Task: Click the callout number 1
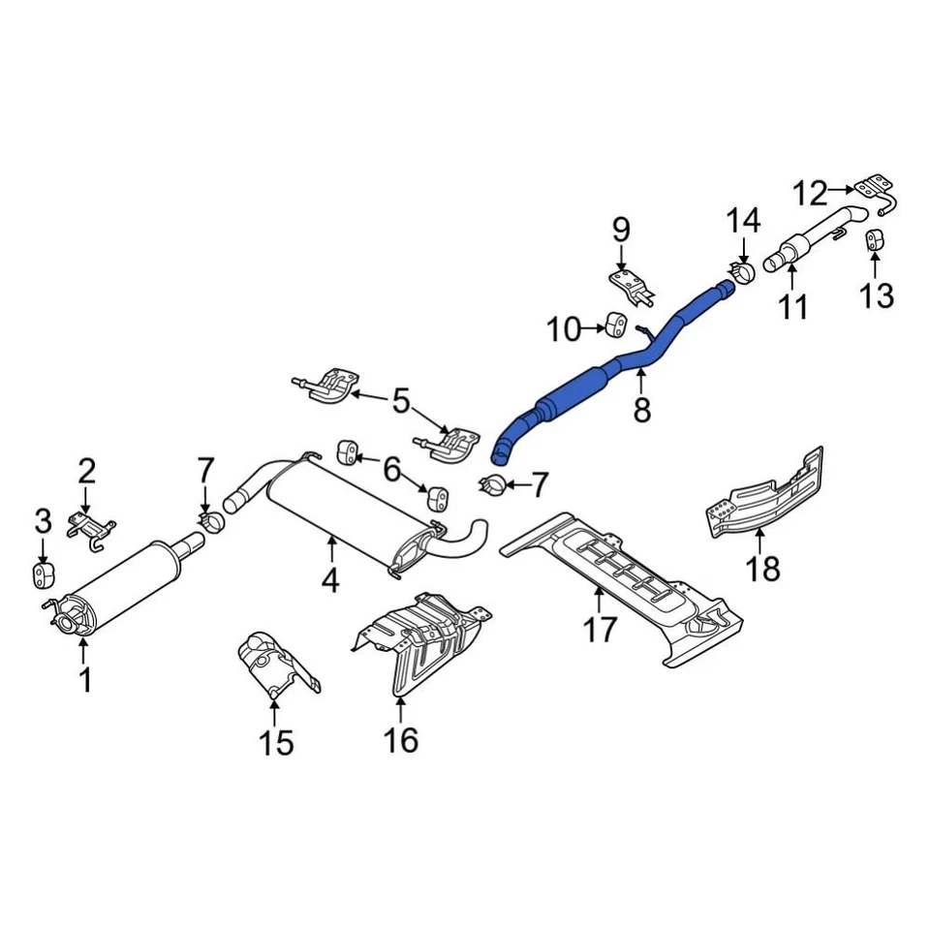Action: pyautogui.click(x=85, y=680)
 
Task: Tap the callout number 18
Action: pyautogui.click(x=763, y=568)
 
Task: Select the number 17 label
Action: pyautogui.click(x=600, y=630)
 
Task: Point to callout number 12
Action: pyautogui.click(x=812, y=194)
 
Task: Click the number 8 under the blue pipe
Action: pyautogui.click(x=642, y=410)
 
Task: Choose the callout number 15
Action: pyautogui.click(x=275, y=743)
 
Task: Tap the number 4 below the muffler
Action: pyautogui.click(x=330, y=580)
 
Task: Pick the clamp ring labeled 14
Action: pyautogui.click(x=743, y=271)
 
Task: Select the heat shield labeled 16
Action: pyautogui.click(x=421, y=639)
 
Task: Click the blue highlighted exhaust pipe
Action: pyautogui.click(x=581, y=387)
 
